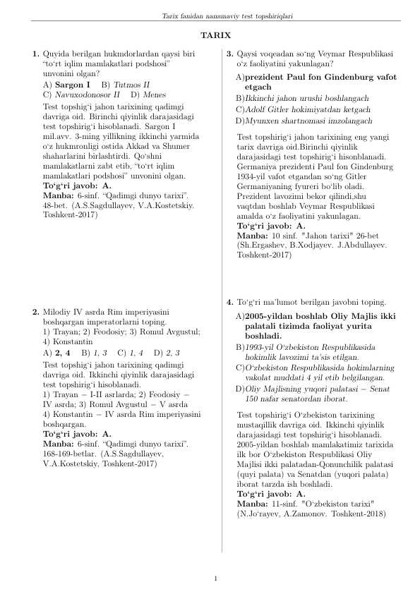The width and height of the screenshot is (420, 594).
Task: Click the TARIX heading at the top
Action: click(210, 35)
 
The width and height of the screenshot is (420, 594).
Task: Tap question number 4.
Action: click(229, 300)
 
